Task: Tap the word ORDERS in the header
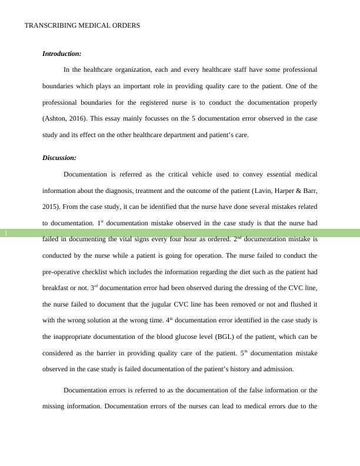point(125,26)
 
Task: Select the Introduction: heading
point(62,54)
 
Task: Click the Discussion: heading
point(59,158)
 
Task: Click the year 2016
point(78,118)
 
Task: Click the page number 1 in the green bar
point(6,234)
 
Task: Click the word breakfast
point(58,288)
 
